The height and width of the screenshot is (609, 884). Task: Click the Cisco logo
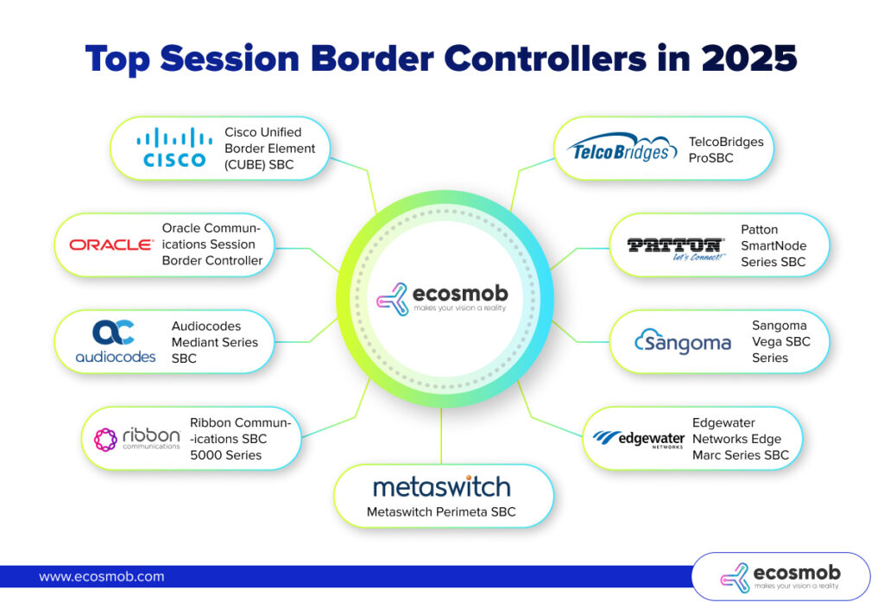tap(174, 148)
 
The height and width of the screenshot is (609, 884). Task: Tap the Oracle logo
tap(110, 244)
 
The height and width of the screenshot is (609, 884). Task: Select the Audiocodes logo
tap(115, 341)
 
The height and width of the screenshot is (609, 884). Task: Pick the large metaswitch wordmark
tap(442, 485)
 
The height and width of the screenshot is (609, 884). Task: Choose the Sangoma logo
tap(682, 342)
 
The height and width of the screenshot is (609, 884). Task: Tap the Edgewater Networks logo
tap(639, 439)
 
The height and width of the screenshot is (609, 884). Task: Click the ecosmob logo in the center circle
tap(442, 296)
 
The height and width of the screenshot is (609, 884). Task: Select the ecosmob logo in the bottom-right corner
tap(781, 577)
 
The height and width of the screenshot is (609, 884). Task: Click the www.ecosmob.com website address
tap(101, 576)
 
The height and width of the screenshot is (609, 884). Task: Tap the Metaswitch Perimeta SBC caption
tap(441, 512)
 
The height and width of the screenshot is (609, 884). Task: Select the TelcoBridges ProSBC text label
tap(726, 149)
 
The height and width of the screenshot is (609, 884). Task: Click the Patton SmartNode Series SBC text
tap(773, 245)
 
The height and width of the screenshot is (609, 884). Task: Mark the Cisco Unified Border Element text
tap(270, 148)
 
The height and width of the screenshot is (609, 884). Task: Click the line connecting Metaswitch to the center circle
tap(442, 436)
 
